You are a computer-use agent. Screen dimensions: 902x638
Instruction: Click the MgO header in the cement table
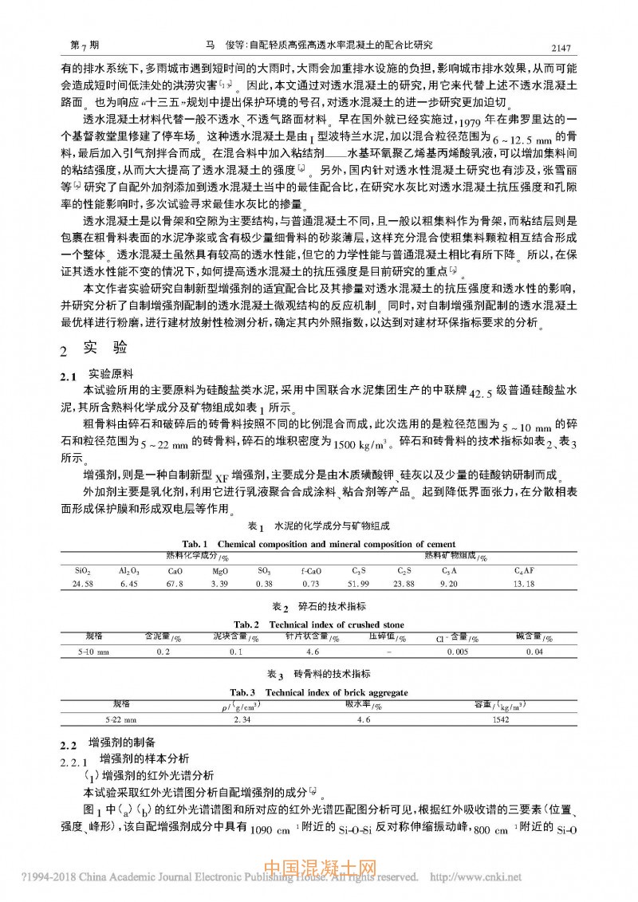[x=219, y=572]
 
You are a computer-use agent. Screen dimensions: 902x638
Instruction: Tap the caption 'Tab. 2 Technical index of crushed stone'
[x=318, y=624]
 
